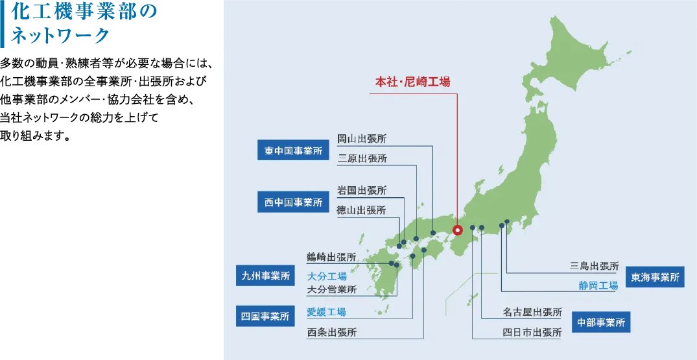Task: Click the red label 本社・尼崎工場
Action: coord(412,82)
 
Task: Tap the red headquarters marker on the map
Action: coord(457,229)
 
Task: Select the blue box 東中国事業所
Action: coord(293,151)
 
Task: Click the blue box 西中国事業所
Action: coord(293,202)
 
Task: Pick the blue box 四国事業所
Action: coord(265,317)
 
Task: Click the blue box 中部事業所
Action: coord(602,322)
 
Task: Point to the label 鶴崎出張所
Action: coord(331,257)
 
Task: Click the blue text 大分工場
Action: coord(326,276)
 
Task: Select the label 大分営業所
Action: coord(331,289)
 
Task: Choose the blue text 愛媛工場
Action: coord(326,312)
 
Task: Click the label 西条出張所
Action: coord(331,333)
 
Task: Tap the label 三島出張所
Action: coord(595,266)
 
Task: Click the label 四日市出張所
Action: coord(532,333)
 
